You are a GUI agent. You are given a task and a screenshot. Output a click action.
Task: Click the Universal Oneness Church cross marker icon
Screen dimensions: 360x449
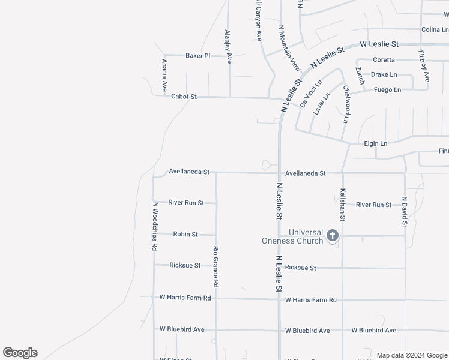pos(333,235)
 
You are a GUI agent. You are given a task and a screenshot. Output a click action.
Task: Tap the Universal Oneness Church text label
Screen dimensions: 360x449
pos(293,236)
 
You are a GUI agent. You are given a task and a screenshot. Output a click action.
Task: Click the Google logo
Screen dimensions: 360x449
pos(20,353)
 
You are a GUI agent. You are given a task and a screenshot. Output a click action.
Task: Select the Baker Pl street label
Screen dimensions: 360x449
pos(197,56)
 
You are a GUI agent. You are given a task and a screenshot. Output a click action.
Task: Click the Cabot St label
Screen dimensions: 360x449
pos(184,97)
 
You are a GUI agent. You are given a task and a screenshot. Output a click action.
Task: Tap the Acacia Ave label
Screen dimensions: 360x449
pos(164,75)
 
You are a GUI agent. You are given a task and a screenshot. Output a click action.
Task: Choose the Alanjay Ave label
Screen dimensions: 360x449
pos(228,47)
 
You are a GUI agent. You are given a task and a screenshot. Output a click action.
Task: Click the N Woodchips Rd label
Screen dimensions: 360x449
pos(155,226)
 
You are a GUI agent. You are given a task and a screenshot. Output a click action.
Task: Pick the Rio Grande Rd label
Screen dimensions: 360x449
pos(216,266)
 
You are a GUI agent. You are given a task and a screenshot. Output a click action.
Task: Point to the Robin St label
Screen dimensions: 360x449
pos(185,234)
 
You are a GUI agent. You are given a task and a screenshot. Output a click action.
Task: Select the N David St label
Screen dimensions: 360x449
pos(405,212)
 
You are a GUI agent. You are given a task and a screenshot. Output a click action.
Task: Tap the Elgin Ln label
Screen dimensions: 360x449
pos(376,144)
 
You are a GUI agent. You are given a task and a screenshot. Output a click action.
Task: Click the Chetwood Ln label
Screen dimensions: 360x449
pos(346,104)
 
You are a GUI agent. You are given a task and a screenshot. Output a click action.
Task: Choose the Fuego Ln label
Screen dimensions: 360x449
pos(387,90)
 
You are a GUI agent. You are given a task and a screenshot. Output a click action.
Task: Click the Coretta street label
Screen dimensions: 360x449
pos(384,60)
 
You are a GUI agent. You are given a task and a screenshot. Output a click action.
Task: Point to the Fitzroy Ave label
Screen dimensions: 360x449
pos(424,65)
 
